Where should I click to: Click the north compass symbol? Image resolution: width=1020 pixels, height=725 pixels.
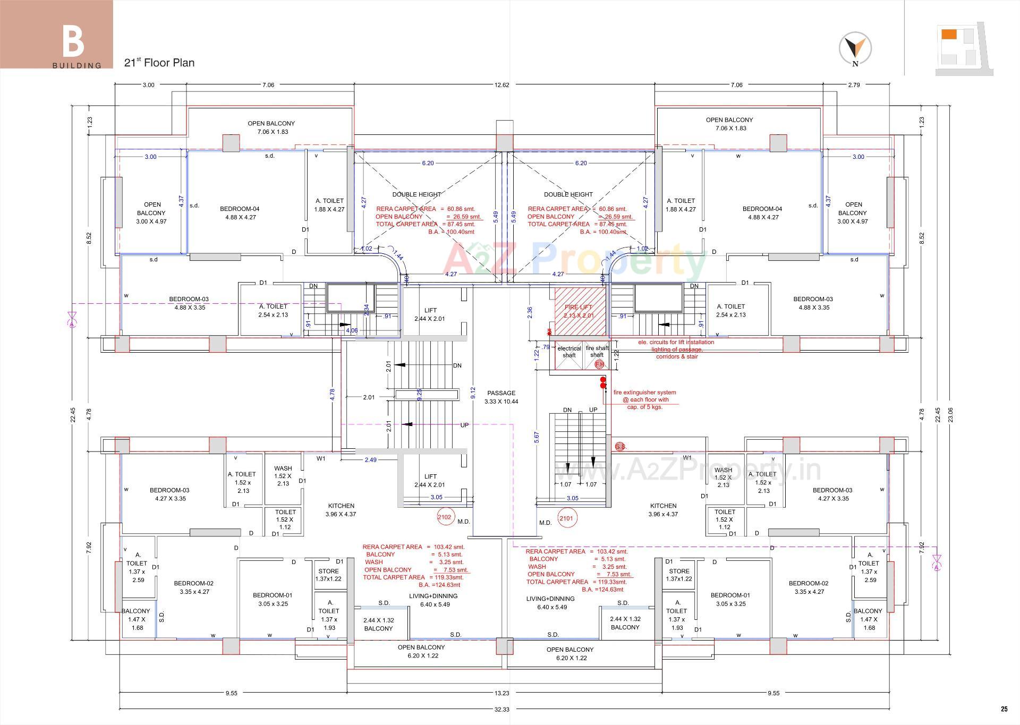coord(855,48)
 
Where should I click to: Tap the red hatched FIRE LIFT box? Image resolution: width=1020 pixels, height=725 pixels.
coord(579,311)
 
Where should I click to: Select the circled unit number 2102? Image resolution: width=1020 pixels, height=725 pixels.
coord(444,517)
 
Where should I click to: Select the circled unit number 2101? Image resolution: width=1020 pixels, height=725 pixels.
coord(566,518)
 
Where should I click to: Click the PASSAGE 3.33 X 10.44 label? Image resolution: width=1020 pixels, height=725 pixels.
coord(501,397)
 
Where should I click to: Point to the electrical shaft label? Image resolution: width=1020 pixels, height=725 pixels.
coord(568,352)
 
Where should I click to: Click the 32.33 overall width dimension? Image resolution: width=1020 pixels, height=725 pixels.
coord(502,709)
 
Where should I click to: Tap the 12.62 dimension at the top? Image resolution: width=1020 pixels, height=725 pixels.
coord(501,85)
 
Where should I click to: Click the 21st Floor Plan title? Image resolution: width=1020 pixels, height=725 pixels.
coord(159,63)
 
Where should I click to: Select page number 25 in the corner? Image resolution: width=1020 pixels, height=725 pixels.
coord(1004,709)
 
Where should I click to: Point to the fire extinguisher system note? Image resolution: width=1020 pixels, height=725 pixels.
coord(644,399)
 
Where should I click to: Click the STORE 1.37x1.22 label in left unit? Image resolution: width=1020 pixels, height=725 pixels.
coord(328,575)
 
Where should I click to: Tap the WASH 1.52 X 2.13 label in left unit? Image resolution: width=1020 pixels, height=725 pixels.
coord(283,476)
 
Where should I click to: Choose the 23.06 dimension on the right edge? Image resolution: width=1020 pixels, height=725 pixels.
coord(950,415)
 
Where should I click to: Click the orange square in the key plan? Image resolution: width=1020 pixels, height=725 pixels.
coord(948,35)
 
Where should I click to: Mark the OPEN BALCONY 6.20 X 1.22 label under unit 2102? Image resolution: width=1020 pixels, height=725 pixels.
coord(421,651)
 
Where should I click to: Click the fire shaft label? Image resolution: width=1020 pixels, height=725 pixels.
coord(597,352)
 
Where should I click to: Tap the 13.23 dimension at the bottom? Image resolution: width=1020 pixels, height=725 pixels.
coord(501,693)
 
